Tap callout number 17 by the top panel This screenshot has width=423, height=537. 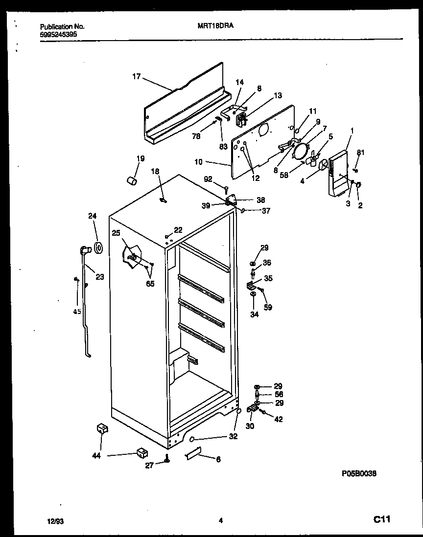(x=136, y=76)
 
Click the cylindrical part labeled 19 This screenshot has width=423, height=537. (x=131, y=181)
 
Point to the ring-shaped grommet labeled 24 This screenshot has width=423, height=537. (x=99, y=247)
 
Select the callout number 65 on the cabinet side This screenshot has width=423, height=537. (x=150, y=284)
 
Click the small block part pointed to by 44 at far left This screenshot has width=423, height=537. (x=102, y=429)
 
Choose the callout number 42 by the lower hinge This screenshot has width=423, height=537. (x=278, y=419)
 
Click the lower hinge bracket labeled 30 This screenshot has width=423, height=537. (x=253, y=408)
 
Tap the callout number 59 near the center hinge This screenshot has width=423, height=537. (x=268, y=308)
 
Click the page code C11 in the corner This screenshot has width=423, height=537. (x=382, y=520)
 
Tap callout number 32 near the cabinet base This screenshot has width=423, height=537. (x=233, y=436)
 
